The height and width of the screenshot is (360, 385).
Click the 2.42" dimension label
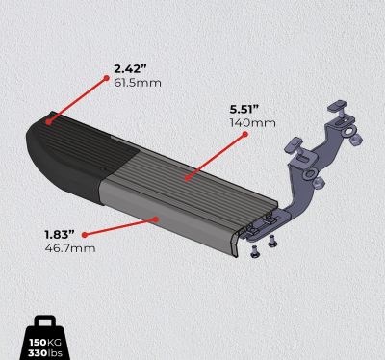point(130,69)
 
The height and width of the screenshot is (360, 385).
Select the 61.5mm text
point(138,83)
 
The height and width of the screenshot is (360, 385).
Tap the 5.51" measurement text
point(244,109)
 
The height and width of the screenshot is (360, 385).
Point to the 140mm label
point(252,123)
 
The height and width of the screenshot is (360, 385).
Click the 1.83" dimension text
point(60,235)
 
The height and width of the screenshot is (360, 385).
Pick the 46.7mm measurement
point(70,248)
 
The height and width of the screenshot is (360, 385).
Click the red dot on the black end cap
point(48,122)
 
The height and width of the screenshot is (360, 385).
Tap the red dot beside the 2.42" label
point(106,78)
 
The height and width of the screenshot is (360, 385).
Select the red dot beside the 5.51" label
point(245,135)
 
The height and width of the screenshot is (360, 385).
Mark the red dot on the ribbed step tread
point(188,177)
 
